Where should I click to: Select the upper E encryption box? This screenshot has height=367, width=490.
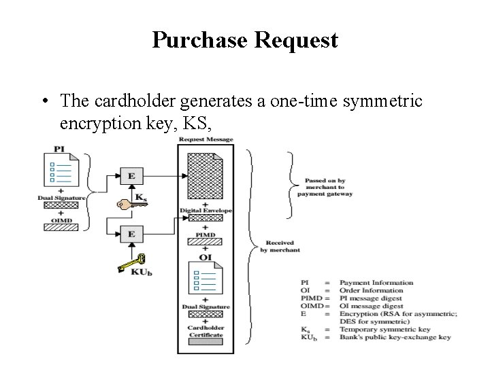click(131, 175)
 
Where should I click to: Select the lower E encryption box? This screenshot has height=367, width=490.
click(131, 233)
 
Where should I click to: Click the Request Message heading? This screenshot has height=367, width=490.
click(205, 139)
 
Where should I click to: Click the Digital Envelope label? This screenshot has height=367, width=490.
click(206, 211)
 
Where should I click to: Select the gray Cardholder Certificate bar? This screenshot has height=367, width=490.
click(205, 342)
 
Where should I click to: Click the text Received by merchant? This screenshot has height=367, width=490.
click(280, 245)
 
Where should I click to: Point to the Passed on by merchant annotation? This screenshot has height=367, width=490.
click(325, 186)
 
